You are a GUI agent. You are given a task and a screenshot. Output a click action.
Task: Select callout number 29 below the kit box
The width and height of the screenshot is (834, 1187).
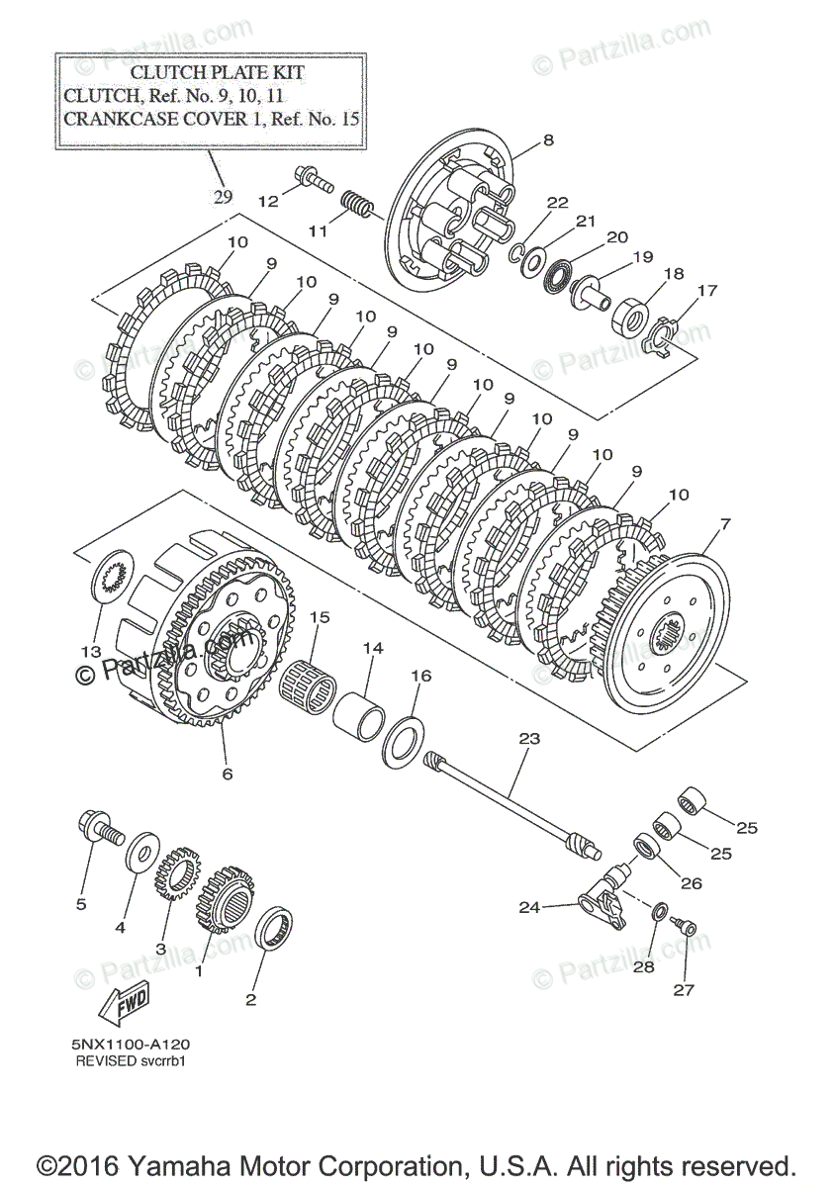(x=224, y=196)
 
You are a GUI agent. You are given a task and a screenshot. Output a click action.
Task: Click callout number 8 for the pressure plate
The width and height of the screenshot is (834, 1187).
(x=548, y=139)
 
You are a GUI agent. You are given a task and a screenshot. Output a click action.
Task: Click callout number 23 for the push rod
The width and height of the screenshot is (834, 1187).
(x=529, y=738)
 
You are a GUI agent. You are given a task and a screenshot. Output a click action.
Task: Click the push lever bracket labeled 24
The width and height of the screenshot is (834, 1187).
(x=603, y=898)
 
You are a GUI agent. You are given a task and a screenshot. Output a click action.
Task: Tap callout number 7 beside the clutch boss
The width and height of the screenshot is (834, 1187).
(x=726, y=523)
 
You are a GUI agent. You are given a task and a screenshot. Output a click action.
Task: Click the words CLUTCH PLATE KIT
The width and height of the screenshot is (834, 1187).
(x=218, y=72)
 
